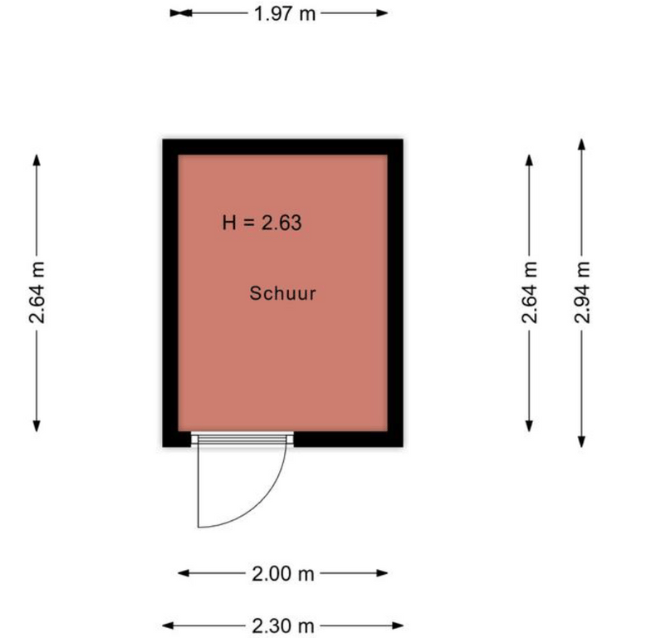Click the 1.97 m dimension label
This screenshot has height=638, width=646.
pyautogui.click(x=285, y=13)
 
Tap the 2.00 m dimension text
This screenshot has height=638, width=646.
pyautogui.click(x=283, y=573)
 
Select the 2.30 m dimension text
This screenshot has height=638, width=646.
pyautogui.click(x=283, y=626)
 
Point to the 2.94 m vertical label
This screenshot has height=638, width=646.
pyautogui.click(x=582, y=292)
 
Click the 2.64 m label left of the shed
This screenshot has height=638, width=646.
pyautogui.click(x=37, y=292)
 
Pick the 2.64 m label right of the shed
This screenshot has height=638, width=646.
pyautogui.click(x=530, y=292)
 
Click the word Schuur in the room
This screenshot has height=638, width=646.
pyautogui.click(x=282, y=293)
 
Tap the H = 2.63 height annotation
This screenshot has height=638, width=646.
pyautogui.click(x=262, y=223)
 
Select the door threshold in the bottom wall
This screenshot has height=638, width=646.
pyautogui.click(x=242, y=439)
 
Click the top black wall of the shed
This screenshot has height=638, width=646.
pyautogui.click(x=282, y=147)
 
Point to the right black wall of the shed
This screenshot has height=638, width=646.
pyautogui.click(x=395, y=293)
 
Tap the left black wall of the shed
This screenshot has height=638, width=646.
pyautogui.click(x=170, y=293)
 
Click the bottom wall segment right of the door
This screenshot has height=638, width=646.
pyautogui.click(x=349, y=439)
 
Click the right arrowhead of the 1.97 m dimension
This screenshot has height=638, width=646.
pyautogui.click(x=382, y=13)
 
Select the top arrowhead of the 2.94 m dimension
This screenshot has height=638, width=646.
pyautogui.click(x=581, y=145)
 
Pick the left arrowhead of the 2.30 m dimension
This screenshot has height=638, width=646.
pyautogui.click(x=168, y=626)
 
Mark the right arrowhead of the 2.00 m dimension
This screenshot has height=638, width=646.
pyautogui.click(x=382, y=573)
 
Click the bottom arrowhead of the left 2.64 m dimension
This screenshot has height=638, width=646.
pyautogui.click(x=37, y=426)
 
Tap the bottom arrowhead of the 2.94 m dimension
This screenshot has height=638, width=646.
pyautogui.click(x=581, y=442)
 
